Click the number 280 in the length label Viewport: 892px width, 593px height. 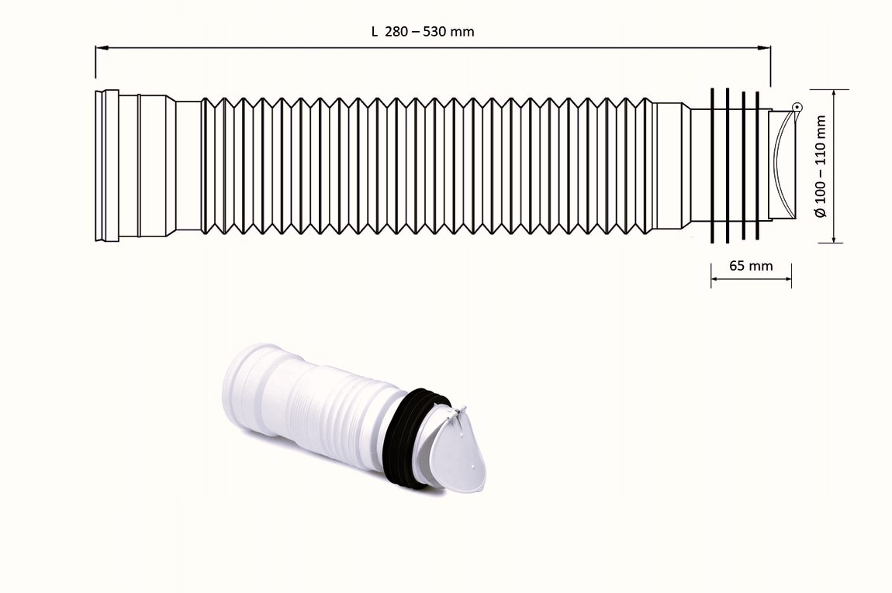tap(396, 32)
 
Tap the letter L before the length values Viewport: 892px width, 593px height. tap(375, 32)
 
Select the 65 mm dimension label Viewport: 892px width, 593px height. tap(751, 266)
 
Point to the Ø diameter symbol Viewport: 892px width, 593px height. tap(821, 211)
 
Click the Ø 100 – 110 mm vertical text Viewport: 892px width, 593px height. tap(821, 167)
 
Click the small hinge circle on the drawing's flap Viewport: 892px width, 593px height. tap(796, 107)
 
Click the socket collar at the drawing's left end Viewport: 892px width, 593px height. tap(107, 165)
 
